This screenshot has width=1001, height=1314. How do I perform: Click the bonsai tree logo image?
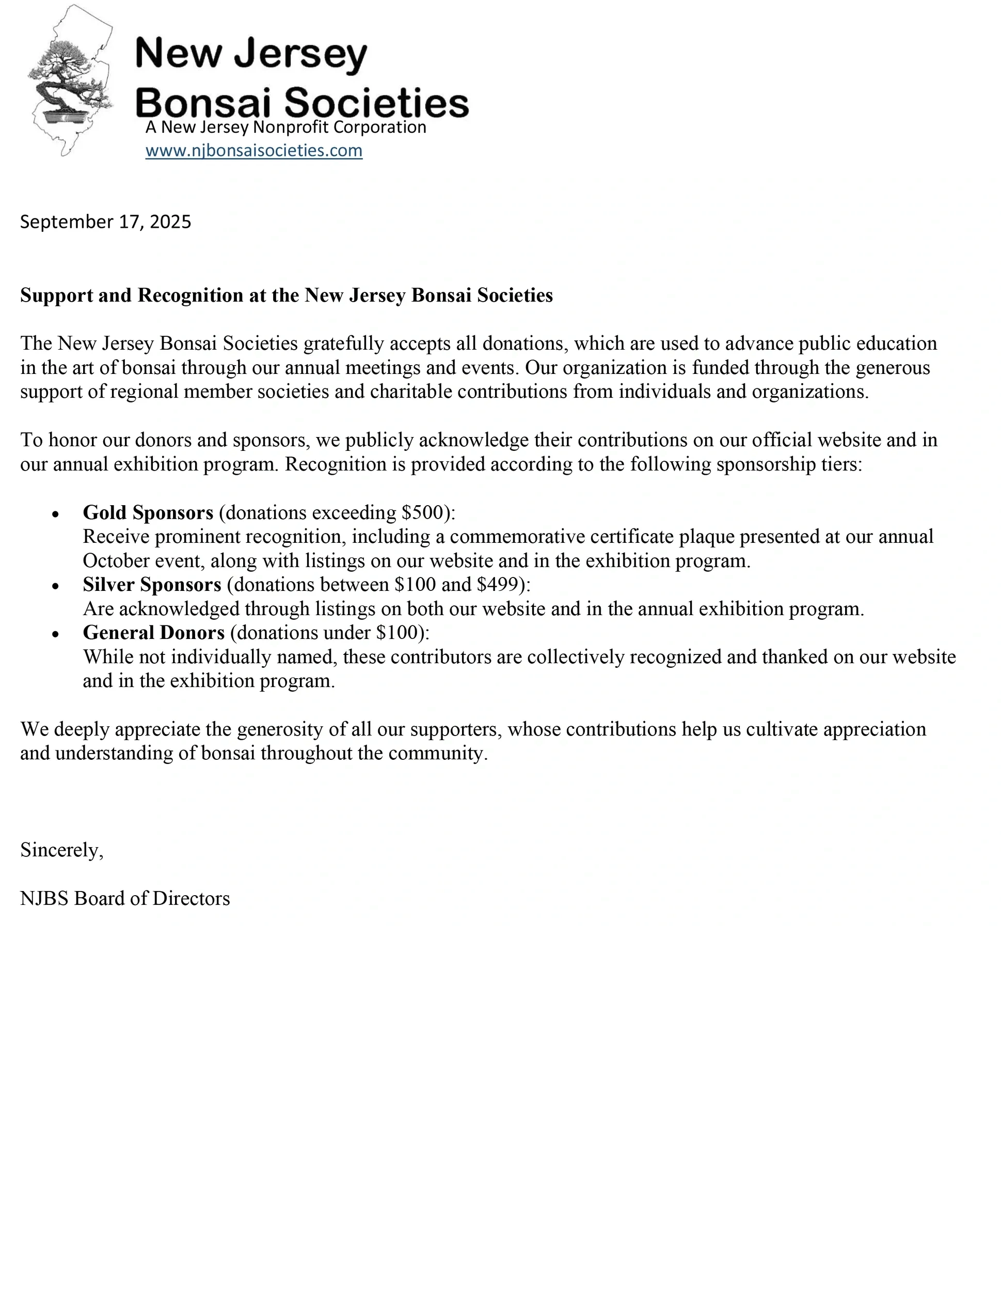(70, 81)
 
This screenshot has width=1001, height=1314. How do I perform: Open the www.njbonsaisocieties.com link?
(254, 150)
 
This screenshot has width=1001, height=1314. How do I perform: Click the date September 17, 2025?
(105, 222)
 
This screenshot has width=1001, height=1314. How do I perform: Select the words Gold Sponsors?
(148, 513)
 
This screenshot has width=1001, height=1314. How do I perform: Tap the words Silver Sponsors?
(152, 585)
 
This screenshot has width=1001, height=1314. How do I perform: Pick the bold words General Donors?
(154, 633)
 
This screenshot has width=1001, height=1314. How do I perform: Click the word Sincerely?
(61, 850)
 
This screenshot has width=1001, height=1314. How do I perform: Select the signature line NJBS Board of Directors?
(125, 898)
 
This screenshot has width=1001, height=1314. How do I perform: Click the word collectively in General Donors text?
(575, 657)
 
